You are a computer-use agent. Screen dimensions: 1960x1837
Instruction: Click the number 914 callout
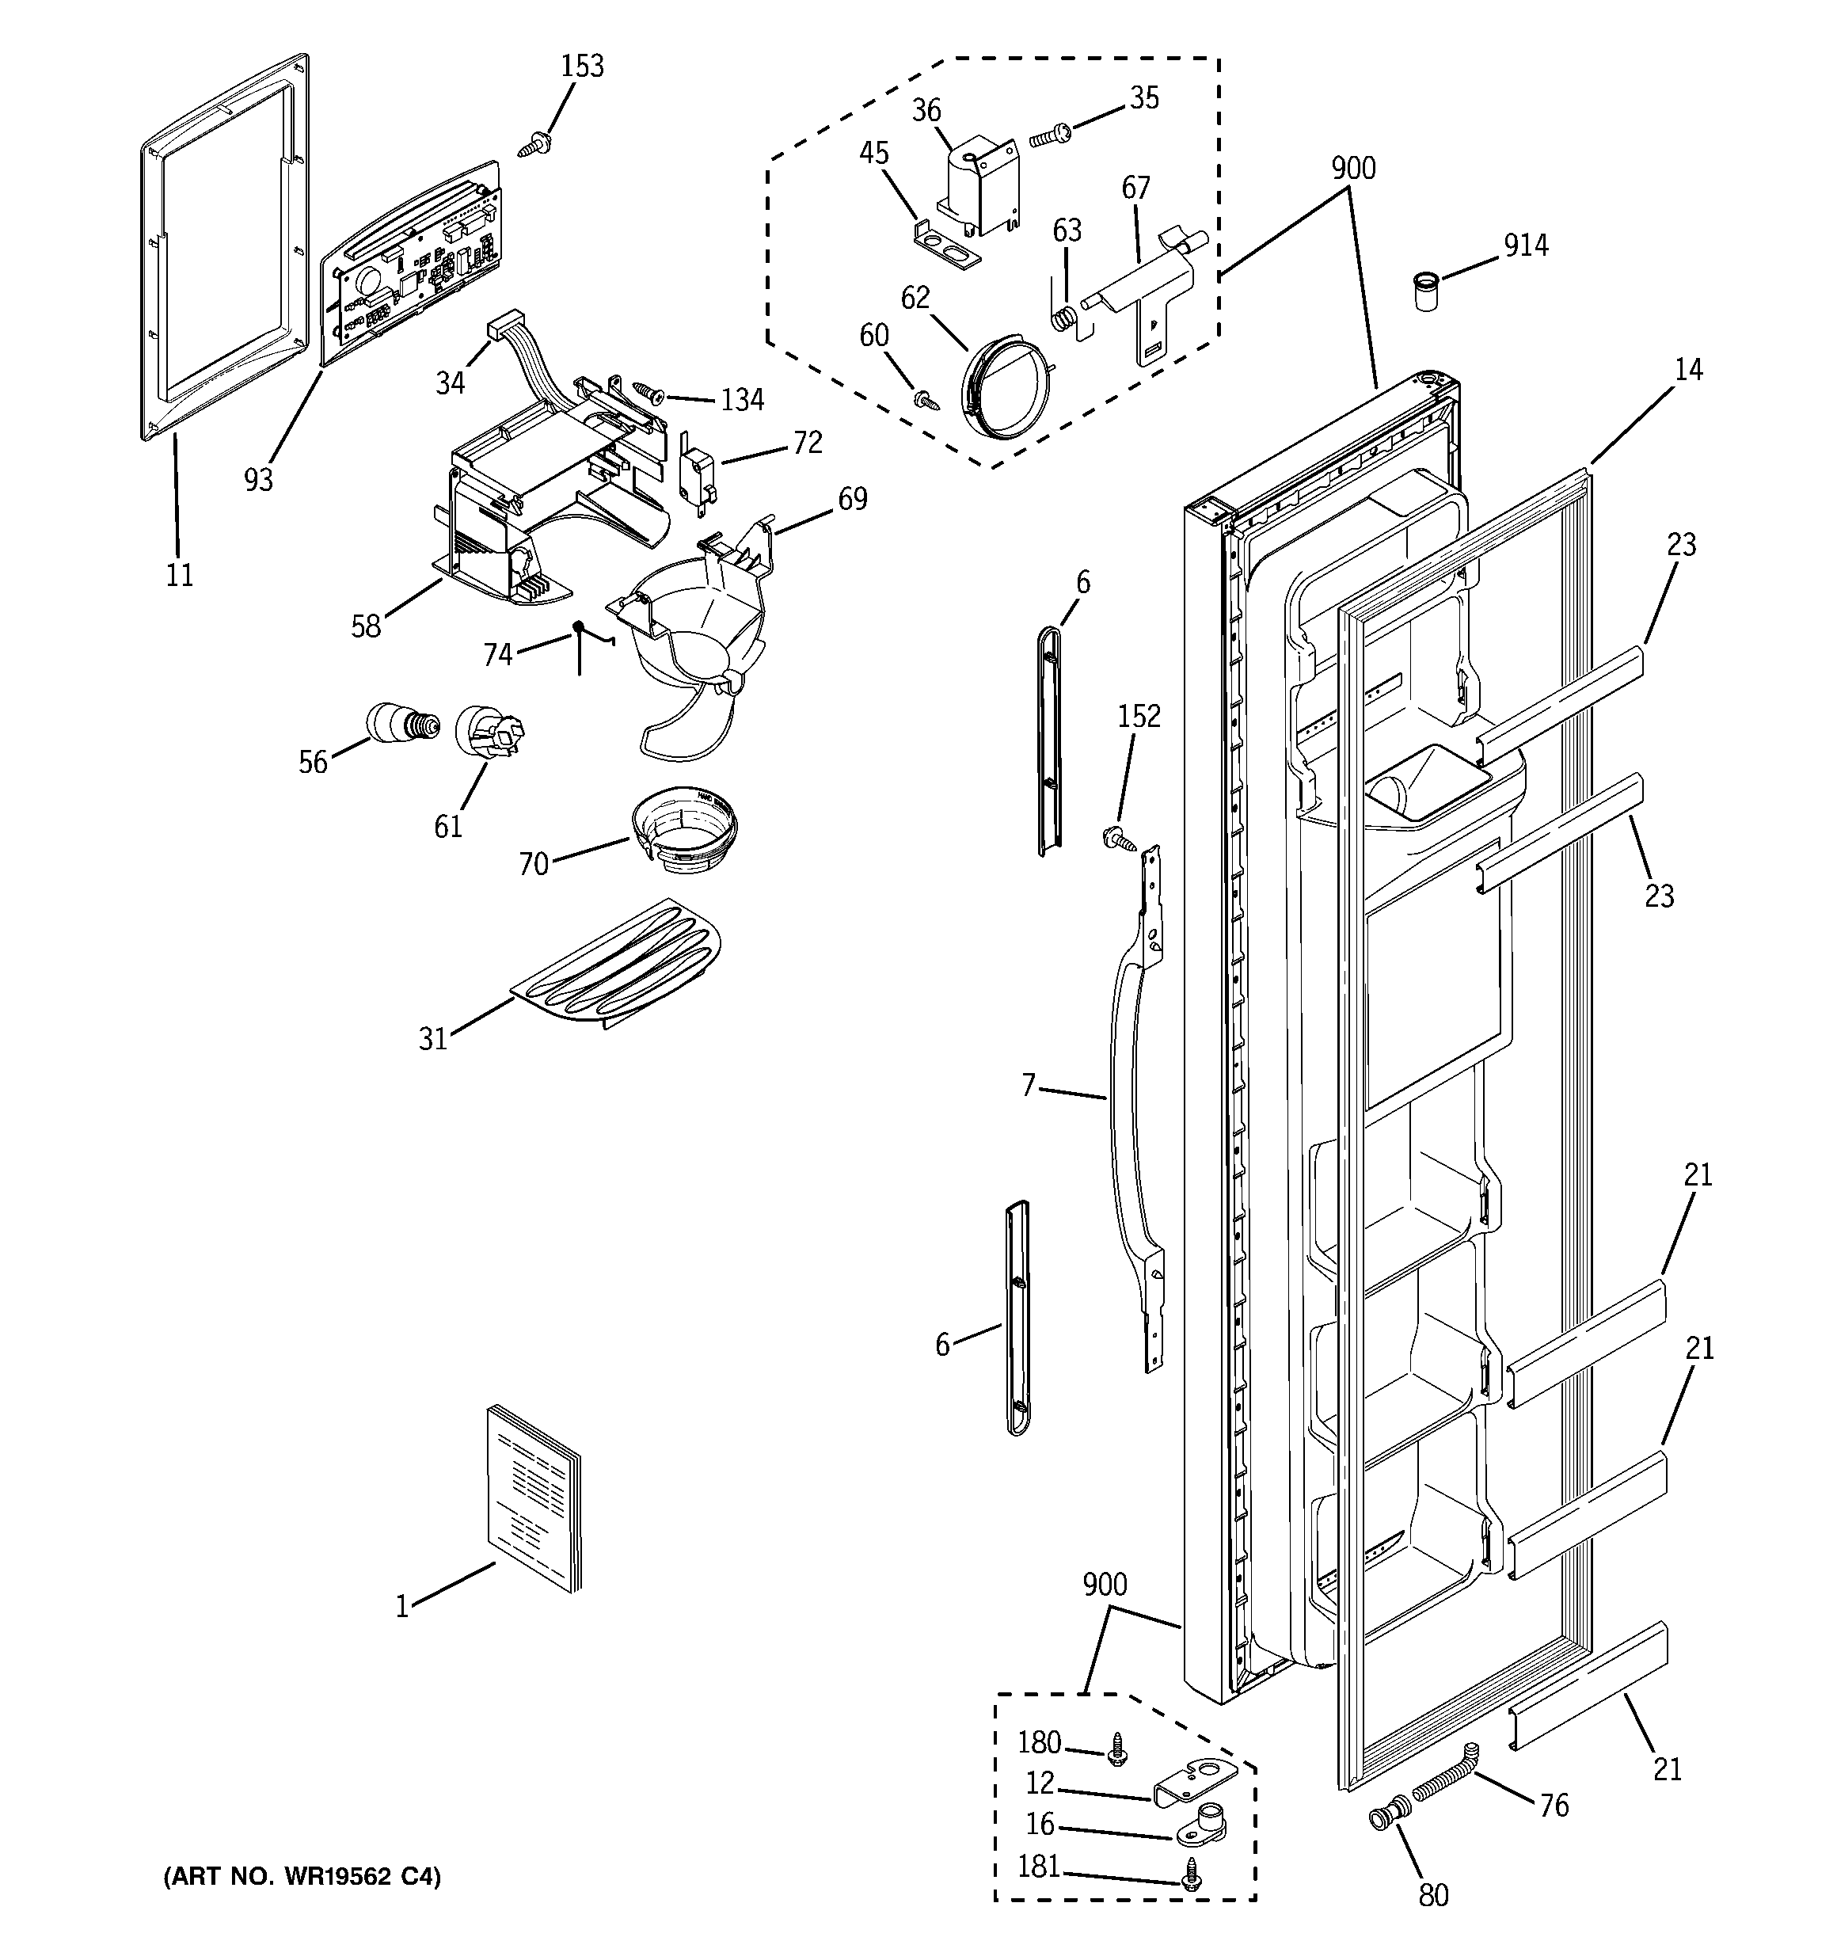coord(1525,245)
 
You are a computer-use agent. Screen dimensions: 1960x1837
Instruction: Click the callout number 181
coord(1038,1867)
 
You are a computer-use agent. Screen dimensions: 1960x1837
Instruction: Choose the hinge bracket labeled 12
coord(1194,1783)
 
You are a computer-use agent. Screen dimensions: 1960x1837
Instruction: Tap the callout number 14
coord(1688,370)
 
